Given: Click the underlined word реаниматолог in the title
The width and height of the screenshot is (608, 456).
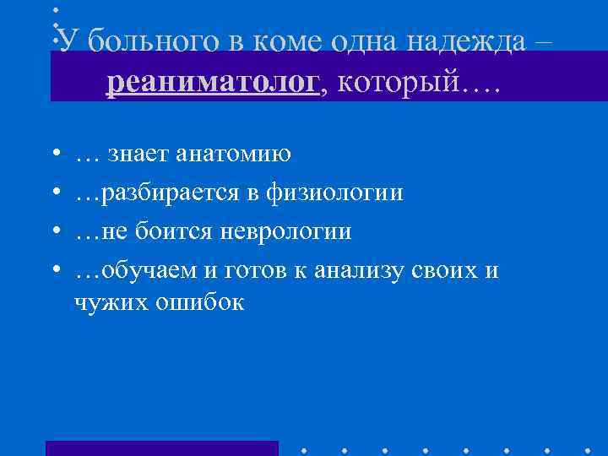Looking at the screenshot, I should tap(214, 82).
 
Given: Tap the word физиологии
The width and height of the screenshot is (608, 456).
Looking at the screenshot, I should tap(334, 194).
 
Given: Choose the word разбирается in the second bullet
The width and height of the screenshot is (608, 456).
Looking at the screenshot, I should tap(170, 194).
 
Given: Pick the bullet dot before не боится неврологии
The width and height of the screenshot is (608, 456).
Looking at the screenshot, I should tap(54, 232).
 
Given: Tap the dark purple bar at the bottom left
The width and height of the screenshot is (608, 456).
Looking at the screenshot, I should tap(161, 448).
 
